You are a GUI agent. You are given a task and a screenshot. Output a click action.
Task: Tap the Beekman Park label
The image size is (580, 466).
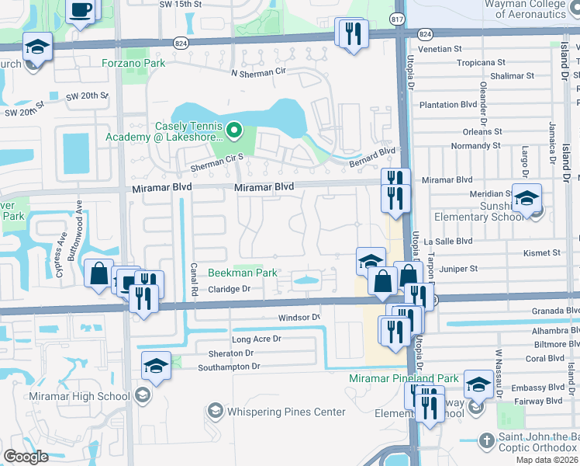coord(243,273)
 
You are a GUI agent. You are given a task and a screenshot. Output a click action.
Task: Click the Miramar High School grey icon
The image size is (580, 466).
coord(142,396)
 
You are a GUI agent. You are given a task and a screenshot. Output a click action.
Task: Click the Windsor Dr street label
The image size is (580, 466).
coord(299,318)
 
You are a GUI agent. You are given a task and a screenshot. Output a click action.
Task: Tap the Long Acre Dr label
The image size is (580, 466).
coord(256,339)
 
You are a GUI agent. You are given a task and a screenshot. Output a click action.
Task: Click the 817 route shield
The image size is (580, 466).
coord(398,19)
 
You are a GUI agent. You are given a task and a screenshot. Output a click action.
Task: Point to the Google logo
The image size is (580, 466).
coord(26,457)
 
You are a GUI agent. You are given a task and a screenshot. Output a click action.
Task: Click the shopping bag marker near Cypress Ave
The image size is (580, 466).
coord(98,273)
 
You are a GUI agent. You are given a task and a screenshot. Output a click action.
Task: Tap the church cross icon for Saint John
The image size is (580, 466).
coord(486,440)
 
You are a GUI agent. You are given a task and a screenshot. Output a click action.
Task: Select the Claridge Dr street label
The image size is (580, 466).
coord(230,289)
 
